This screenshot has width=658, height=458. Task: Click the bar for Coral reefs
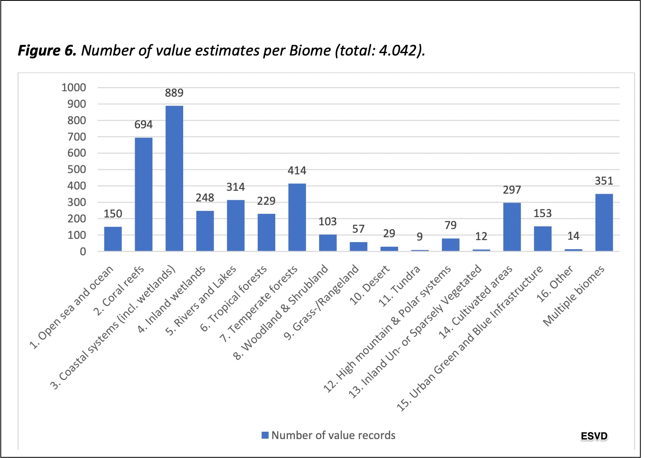144,194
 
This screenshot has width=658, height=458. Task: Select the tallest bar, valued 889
174,178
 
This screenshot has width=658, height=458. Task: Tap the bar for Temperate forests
297,217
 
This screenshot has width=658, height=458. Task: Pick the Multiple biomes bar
604,222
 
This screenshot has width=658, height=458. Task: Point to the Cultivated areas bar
512,227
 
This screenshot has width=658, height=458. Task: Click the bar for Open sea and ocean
113,239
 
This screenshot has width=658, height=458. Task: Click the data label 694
144,125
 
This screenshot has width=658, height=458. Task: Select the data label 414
297,171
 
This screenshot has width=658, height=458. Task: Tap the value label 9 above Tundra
420,237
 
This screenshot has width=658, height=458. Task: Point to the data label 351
604,181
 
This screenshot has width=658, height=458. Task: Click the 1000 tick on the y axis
74,87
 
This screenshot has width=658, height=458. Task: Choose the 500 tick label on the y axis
77,169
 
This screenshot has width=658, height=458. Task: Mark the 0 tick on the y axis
83,252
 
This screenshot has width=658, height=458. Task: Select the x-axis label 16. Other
554,284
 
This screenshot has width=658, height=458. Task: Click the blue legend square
265,435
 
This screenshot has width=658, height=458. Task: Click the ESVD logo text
594,436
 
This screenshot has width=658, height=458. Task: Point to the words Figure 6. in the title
47,51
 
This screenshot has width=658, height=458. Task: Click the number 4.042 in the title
398,50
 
